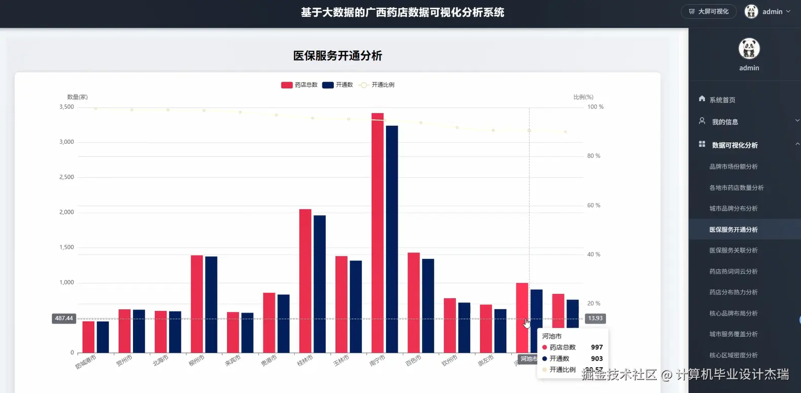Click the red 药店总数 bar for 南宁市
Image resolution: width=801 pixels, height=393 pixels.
pyautogui.click(x=377, y=233)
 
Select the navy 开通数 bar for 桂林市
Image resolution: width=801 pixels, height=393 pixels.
pyautogui.click(x=320, y=284)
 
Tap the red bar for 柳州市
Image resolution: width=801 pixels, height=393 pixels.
pyautogui.click(x=197, y=304)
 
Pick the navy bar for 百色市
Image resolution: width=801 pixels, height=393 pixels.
pyautogui.click(x=428, y=306)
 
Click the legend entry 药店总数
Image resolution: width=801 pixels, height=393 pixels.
pyautogui.click(x=299, y=85)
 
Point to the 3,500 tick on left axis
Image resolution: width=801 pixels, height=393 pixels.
pyautogui.click(x=66, y=107)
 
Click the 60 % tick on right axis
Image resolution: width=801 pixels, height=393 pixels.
pyautogui.click(x=594, y=205)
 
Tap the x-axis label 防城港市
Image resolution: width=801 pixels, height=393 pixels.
pyautogui.click(x=86, y=362)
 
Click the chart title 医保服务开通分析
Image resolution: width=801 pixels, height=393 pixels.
pyautogui.click(x=337, y=56)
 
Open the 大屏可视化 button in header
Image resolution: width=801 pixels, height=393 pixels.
pyautogui.click(x=709, y=12)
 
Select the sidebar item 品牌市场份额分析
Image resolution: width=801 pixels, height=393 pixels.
pyautogui.click(x=733, y=167)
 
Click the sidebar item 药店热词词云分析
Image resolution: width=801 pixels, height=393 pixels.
pyautogui.click(x=733, y=271)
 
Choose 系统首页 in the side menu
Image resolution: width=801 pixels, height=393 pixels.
pyautogui.click(x=722, y=100)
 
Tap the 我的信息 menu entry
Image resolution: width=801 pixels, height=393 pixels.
pyautogui.click(x=724, y=122)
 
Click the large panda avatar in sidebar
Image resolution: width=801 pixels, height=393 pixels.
pyautogui.click(x=749, y=49)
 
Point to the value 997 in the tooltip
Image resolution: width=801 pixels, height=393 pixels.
pyautogui.click(x=597, y=347)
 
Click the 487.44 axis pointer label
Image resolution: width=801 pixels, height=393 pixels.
pyautogui.click(x=64, y=319)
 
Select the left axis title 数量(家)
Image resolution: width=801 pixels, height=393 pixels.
pyautogui.click(x=77, y=97)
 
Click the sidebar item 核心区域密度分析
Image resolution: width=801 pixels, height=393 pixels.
pyautogui.click(x=733, y=355)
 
